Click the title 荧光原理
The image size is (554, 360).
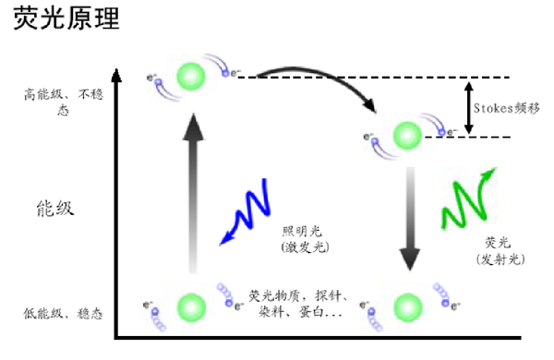66,20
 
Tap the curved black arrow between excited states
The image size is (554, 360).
314,88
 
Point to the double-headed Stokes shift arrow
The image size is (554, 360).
469,107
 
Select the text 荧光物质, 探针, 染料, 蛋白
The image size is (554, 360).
296,305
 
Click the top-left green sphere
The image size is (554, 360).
191,74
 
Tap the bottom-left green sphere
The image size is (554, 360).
191,305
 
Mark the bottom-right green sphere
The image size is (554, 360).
407,306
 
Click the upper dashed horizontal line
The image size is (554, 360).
388,77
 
